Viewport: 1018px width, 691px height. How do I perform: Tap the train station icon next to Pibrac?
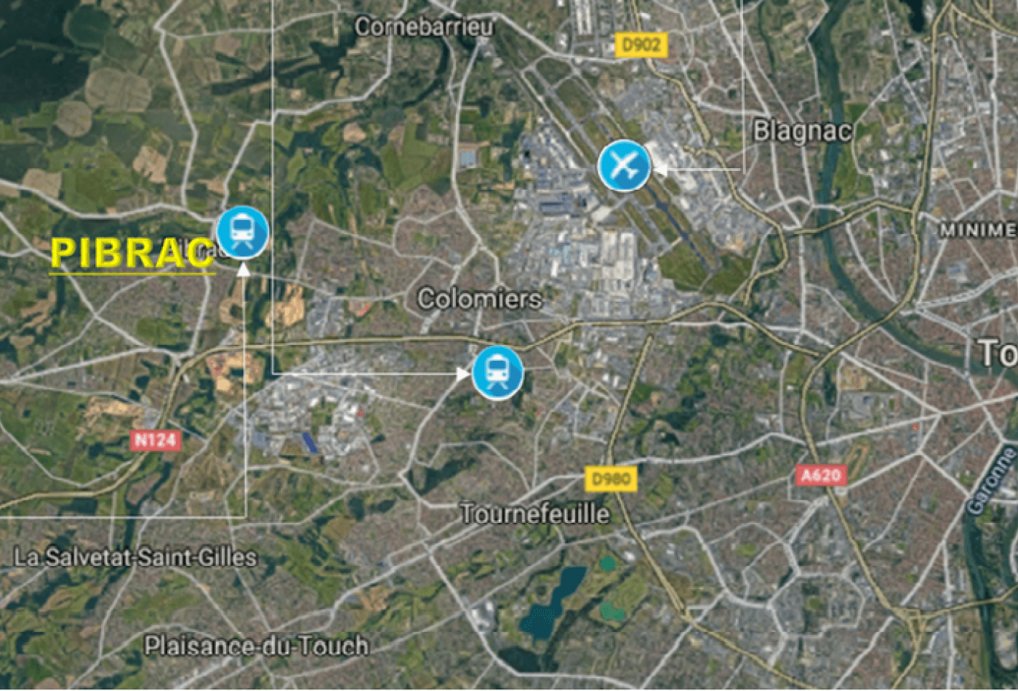point(243,232)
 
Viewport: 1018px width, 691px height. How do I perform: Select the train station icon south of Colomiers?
point(497,372)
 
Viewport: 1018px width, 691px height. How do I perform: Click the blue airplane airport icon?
point(624,166)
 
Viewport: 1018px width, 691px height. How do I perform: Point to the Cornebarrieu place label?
point(424,28)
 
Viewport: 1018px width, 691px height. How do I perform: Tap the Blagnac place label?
point(801,132)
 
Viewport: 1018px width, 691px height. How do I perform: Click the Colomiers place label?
point(479,299)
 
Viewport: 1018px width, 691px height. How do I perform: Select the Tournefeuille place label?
point(535,514)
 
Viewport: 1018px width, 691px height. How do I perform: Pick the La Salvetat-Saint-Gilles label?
point(136,558)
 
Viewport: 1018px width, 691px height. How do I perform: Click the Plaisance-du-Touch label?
point(256,646)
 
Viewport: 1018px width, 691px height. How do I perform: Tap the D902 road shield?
point(641,46)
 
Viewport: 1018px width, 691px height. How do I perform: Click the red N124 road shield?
point(155,439)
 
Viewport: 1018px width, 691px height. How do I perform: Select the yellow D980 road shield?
point(611,479)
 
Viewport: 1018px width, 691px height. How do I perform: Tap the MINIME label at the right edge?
point(978,230)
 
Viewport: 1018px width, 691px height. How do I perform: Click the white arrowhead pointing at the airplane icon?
point(660,169)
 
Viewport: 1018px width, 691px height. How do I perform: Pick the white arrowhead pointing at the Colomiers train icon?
point(463,373)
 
